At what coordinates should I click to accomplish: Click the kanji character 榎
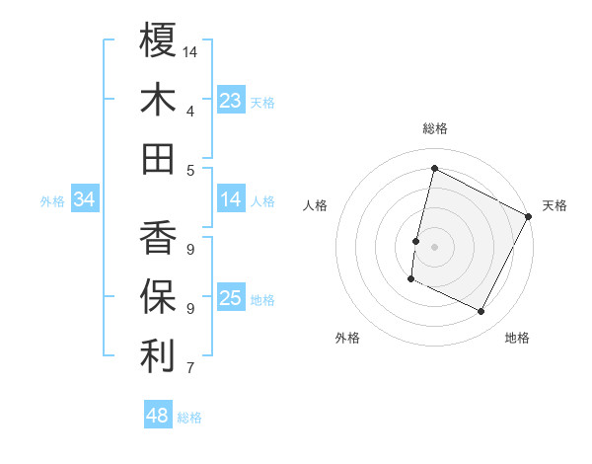[x=158, y=40]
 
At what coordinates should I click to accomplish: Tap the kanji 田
[x=158, y=158]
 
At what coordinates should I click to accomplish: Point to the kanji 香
[x=158, y=238]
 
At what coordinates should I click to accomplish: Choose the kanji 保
[x=158, y=297]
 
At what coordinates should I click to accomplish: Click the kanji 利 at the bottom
[x=158, y=356]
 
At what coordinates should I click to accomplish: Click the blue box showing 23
[x=230, y=101]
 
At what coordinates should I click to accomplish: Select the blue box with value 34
[x=84, y=200]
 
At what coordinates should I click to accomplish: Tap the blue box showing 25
[x=230, y=299]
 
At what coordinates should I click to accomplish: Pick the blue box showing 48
[x=158, y=416]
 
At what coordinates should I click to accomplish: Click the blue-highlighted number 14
[x=230, y=200]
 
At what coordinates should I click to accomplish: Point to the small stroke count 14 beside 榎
[x=190, y=50]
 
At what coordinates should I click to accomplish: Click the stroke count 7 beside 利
[x=189, y=369]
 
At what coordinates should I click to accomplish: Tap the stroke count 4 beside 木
[x=189, y=111]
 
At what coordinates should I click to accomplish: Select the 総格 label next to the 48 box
[x=189, y=418]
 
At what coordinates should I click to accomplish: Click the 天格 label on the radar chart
[x=555, y=205]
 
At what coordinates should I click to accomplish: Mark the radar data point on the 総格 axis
[x=434, y=169]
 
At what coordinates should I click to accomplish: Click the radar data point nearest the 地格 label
[x=481, y=312]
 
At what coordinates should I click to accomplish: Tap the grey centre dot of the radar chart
[x=434, y=247]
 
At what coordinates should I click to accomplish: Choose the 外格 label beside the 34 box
[x=52, y=201]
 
